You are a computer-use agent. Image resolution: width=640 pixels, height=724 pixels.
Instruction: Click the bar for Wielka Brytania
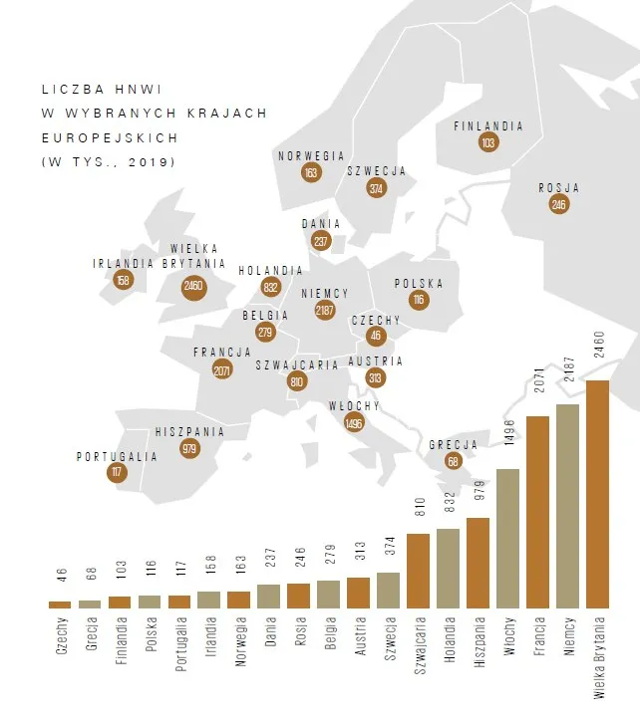597,494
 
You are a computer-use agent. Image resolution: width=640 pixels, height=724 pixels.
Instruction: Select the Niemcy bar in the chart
567,506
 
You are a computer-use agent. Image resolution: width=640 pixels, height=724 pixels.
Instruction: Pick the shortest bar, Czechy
60,603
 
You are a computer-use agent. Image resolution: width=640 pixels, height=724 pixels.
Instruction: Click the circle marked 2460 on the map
194,287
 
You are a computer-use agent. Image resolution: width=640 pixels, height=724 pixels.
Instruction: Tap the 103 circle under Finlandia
487,143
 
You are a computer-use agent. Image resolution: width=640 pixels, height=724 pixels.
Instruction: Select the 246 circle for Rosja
558,204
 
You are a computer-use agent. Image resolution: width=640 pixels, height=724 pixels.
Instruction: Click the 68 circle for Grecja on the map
453,461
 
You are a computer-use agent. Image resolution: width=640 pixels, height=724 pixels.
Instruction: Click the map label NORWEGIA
311,156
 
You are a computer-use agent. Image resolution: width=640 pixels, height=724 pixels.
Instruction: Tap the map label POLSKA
418,284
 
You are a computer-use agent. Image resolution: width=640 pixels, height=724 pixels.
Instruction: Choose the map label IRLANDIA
123,264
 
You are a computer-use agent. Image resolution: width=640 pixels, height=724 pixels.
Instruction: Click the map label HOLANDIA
270,271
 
